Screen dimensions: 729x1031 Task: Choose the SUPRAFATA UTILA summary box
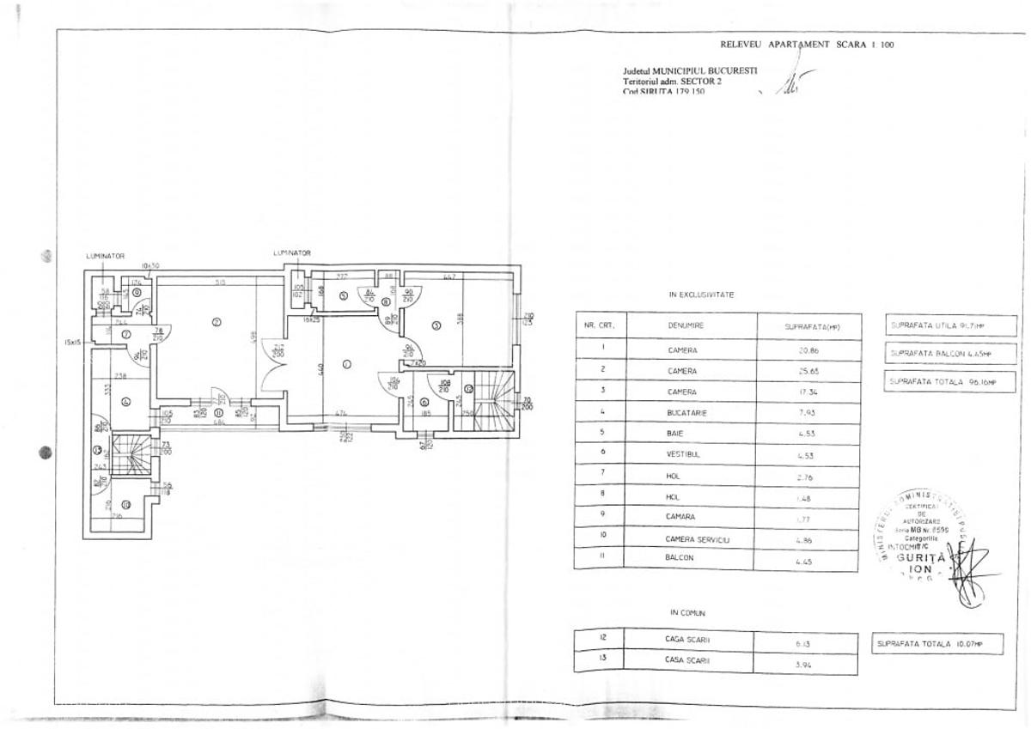(x=939, y=326)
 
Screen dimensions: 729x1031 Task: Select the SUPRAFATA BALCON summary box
(x=939, y=354)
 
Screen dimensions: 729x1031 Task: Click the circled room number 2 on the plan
(x=217, y=323)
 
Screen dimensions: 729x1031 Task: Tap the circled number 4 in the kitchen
(x=126, y=400)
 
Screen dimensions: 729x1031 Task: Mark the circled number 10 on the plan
(x=125, y=504)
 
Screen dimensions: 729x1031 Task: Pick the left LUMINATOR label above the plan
(x=106, y=256)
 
